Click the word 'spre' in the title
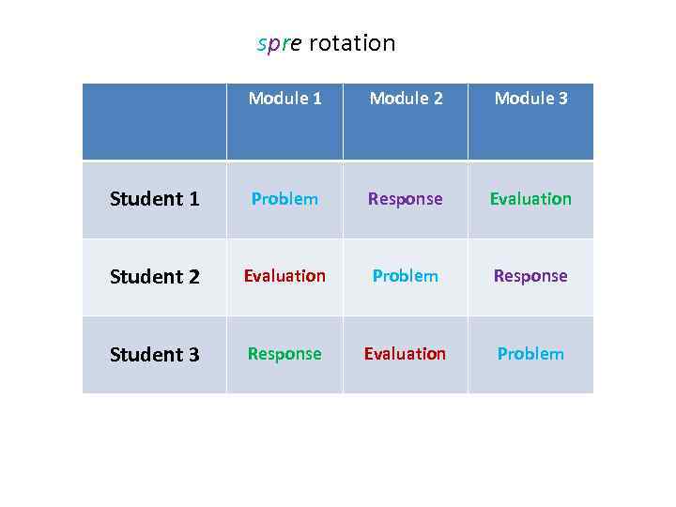(x=279, y=44)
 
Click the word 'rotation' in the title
(x=352, y=44)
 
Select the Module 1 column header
(x=284, y=99)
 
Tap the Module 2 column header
(x=406, y=99)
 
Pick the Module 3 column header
(x=530, y=99)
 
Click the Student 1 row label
(x=154, y=199)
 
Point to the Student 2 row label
(x=154, y=277)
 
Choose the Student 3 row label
(x=154, y=355)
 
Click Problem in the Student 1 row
(x=284, y=199)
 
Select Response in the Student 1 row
(x=406, y=199)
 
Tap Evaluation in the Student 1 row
(x=530, y=199)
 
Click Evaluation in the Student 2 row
(x=284, y=276)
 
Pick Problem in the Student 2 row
(x=406, y=276)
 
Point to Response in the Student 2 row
(x=530, y=276)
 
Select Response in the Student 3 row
(x=284, y=354)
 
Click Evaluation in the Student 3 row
(x=406, y=354)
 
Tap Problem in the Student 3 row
(x=530, y=354)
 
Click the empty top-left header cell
(x=154, y=122)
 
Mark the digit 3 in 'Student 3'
(x=193, y=355)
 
